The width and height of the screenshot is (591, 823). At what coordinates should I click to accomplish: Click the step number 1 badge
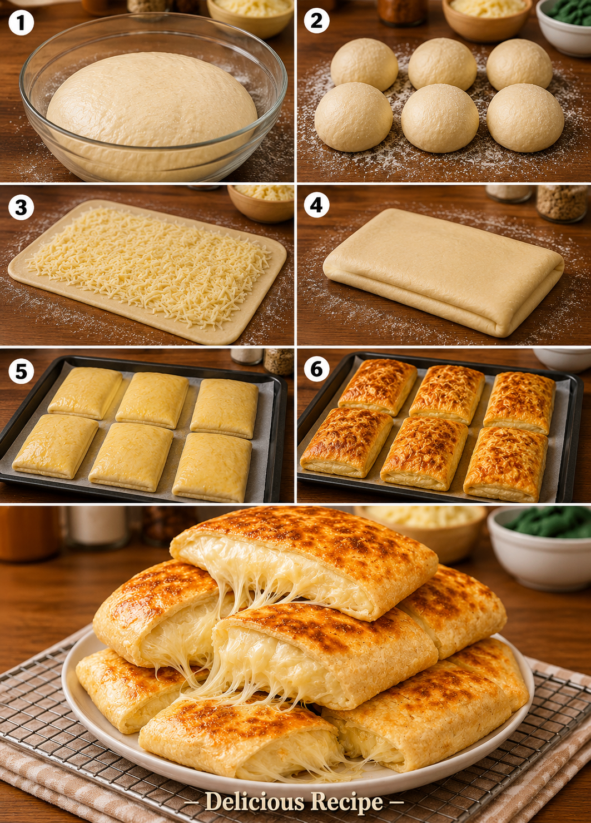21,22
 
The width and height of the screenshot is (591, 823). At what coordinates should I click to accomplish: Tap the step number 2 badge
316,21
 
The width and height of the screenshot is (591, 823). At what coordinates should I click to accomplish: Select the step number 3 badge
21,207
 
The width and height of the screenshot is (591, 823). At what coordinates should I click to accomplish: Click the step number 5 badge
21,371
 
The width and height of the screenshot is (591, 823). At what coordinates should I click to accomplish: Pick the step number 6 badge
316,369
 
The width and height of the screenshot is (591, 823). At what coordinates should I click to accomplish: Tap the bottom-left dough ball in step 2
354,116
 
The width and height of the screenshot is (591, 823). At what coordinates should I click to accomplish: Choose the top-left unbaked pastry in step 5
85,393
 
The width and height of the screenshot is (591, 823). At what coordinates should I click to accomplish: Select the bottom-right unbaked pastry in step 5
212,467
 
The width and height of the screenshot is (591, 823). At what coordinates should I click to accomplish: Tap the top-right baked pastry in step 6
519,403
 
